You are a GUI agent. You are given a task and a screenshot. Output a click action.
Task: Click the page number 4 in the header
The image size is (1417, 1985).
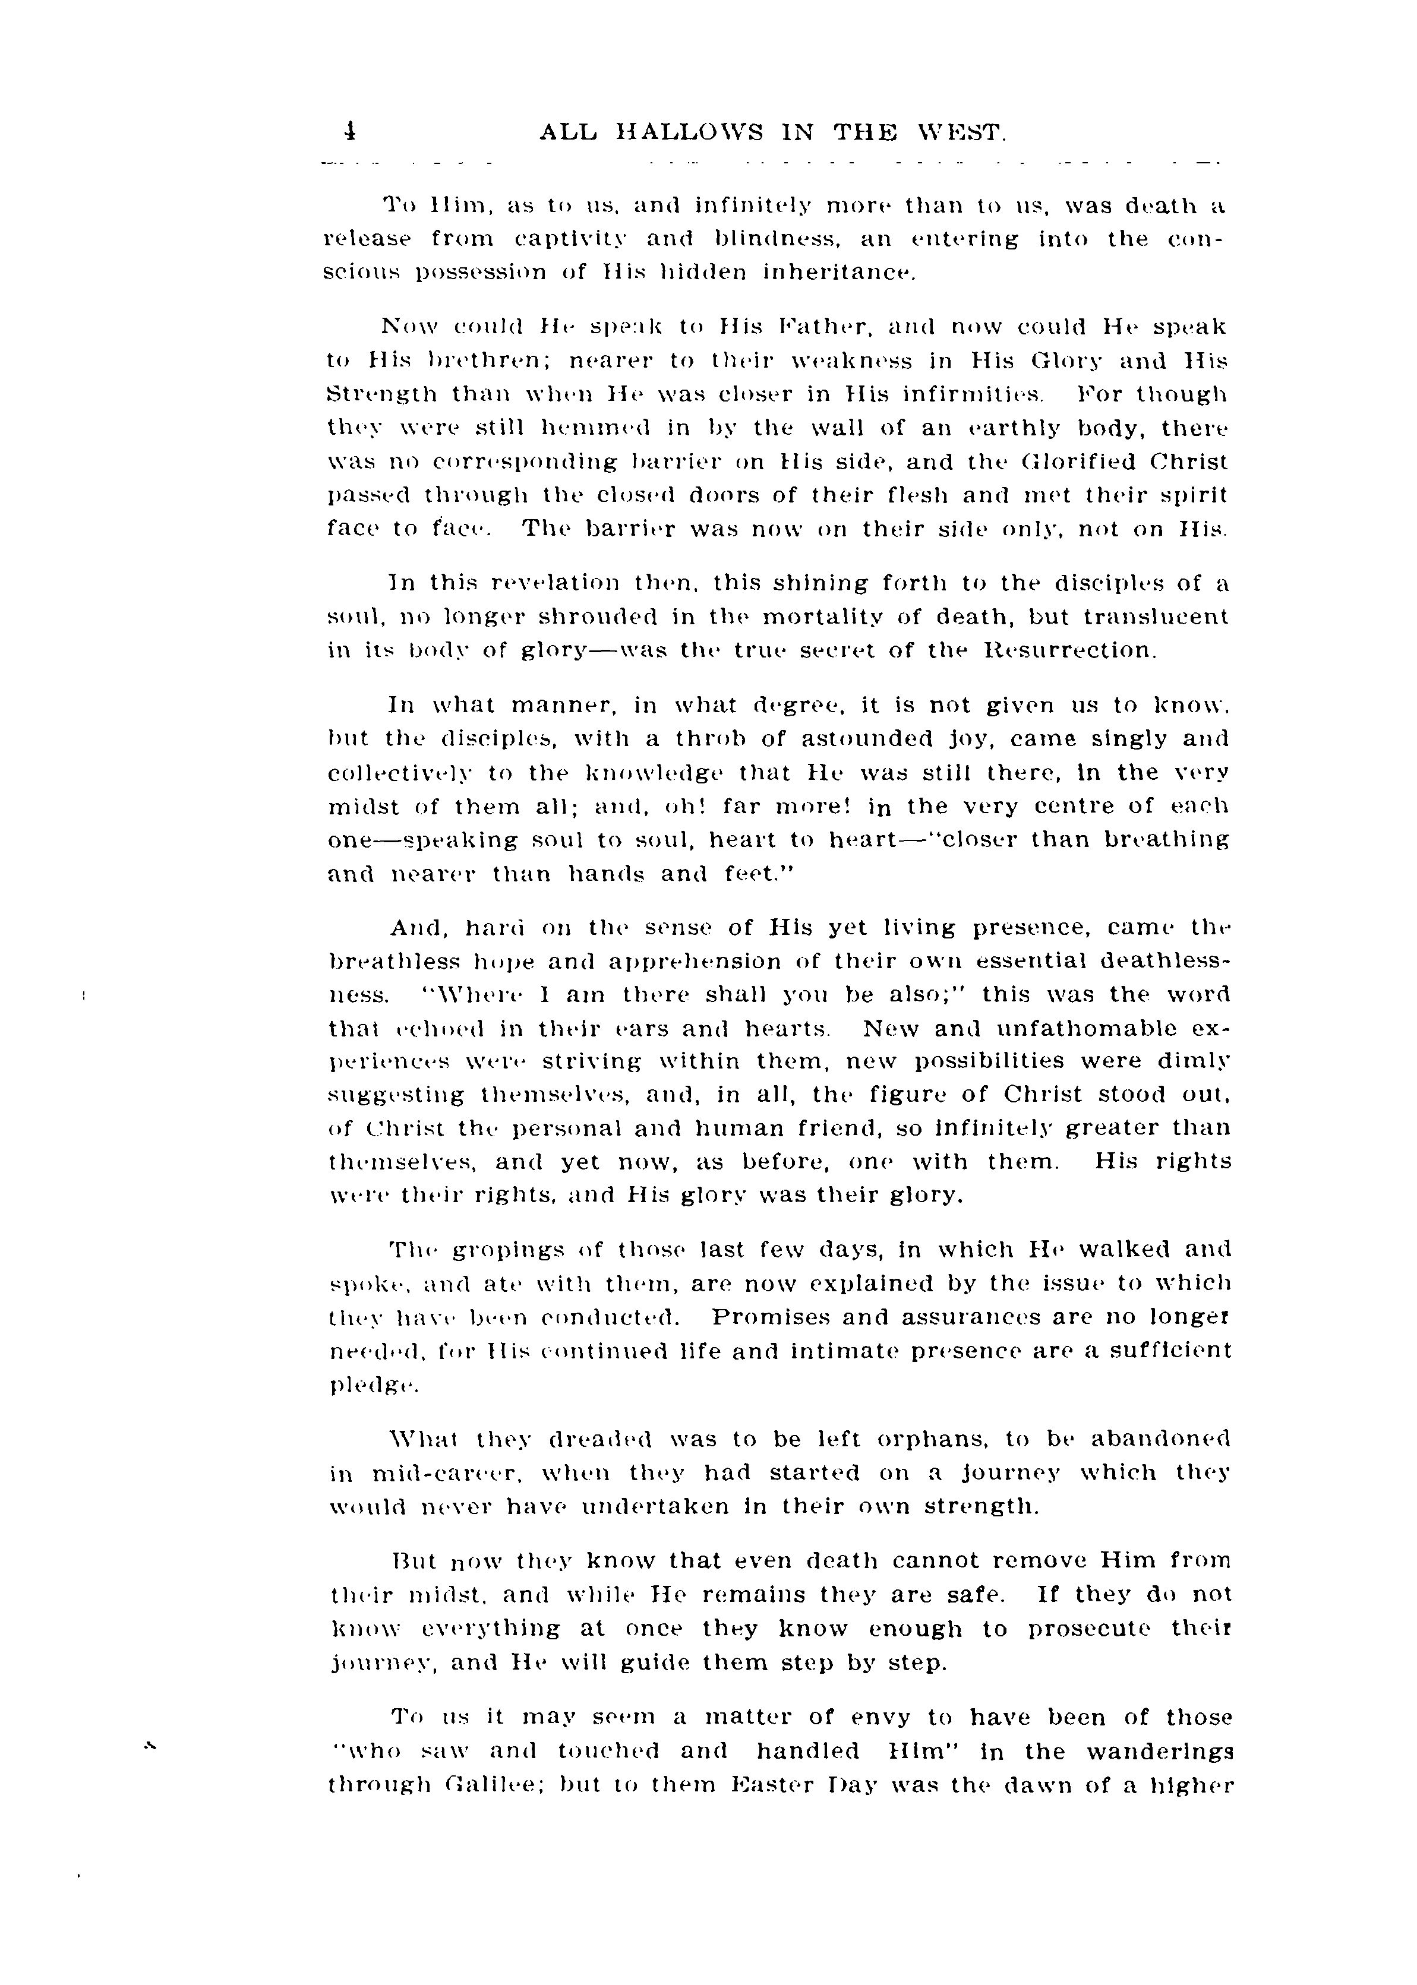[349, 132]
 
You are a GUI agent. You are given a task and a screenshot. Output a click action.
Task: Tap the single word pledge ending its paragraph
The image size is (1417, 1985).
[374, 1386]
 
